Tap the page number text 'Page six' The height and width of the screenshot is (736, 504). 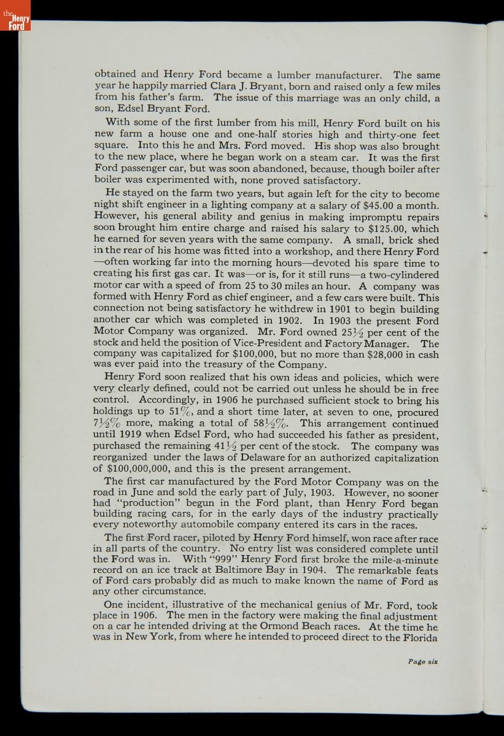tap(423, 661)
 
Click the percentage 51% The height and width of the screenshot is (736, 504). tap(182, 412)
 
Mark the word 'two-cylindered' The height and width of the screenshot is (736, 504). tap(400, 275)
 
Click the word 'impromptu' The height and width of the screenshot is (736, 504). tap(366, 217)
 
